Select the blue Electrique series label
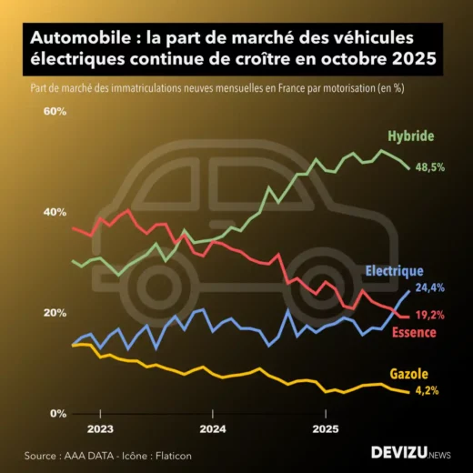tap(394, 270)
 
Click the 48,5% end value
tap(430, 167)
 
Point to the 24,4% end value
tap(430, 287)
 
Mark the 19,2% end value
tap(430, 315)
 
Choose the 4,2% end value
tap(427, 391)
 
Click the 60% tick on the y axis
tap(55, 111)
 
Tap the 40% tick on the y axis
tap(55, 212)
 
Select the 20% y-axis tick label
tap(55, 313)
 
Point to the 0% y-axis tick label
tap(57, 414)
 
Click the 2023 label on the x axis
tap(100, 428)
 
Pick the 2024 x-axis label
tap(213, 428)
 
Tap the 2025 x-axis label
tap(326, 428)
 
